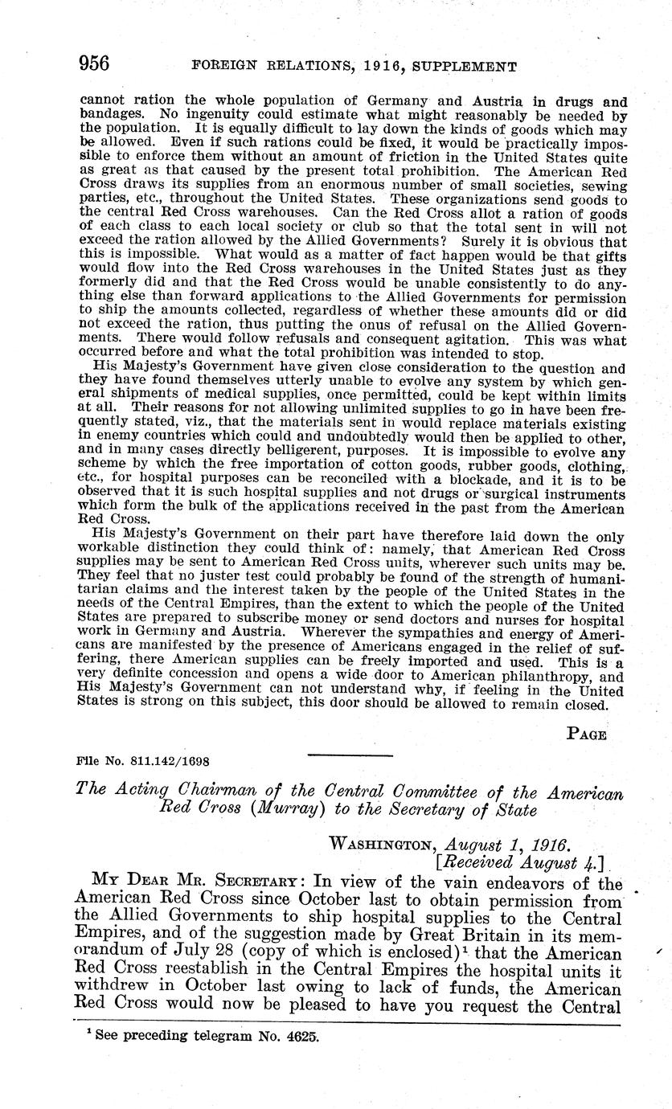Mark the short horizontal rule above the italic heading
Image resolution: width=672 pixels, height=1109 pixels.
point(350,756)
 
